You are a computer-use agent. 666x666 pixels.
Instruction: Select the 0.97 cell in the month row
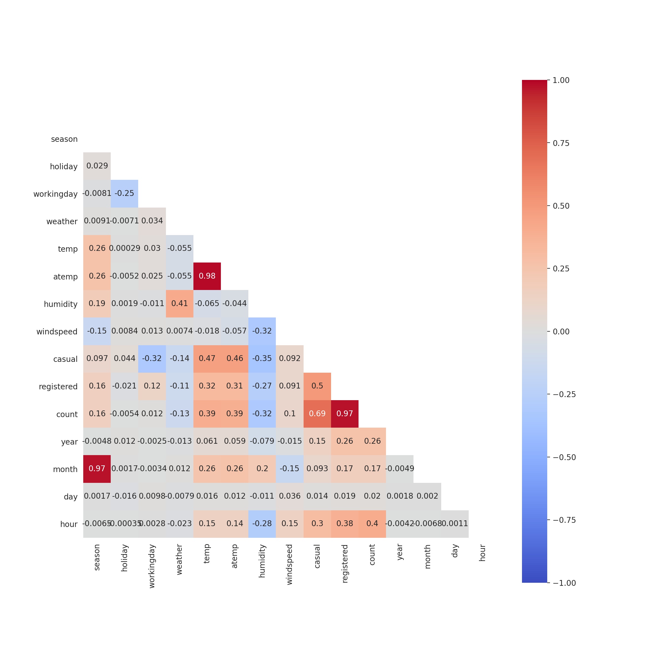tap(97, 469)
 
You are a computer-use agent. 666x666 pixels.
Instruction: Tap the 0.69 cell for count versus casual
tap(317, 414)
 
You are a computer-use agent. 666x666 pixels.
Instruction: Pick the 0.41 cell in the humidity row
tap(180, 304)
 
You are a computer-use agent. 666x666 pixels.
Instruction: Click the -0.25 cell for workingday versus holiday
tap(124, 193)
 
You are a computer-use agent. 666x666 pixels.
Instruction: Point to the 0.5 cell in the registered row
tap(317, 386)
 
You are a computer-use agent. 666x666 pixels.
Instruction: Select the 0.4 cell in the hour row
tap(372, 524)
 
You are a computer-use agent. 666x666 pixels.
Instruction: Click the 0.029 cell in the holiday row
tap(97, 166)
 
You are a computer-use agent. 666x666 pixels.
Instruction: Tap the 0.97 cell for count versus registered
tap(345, 414)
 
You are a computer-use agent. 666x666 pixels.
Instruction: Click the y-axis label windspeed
tap(57, 332)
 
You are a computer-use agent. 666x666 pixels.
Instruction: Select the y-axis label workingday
tap(55, 194)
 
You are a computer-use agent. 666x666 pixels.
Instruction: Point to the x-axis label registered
tap(345, 564)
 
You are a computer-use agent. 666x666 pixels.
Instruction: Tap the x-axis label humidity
tap(262, 561)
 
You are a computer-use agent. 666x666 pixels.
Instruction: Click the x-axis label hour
tap(482, 553)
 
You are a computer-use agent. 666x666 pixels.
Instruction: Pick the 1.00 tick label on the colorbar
tap(561, 80)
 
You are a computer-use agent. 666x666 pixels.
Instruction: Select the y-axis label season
tap(64, 139)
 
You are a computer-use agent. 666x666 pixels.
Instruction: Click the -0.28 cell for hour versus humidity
tap(262, 524)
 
